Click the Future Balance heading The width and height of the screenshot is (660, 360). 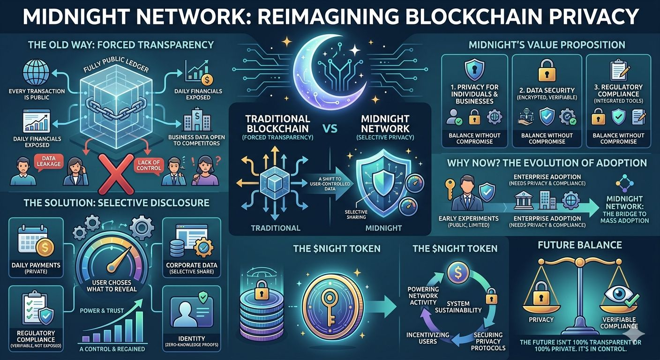tap(580, 245)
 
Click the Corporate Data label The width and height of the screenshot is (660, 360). tap(191, 265)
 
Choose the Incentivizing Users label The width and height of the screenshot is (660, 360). tap(427, 337)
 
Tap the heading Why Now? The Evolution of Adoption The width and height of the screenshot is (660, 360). tap(547, 163)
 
